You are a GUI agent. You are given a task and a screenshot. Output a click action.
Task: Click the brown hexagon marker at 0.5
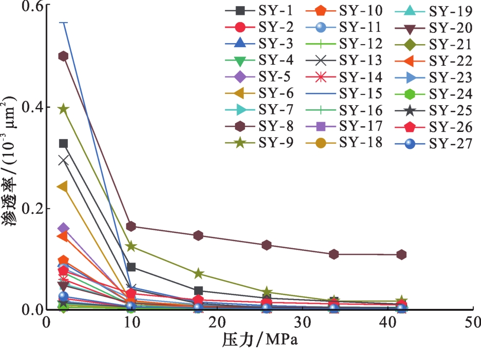pyautogui.click(x=64, y=56)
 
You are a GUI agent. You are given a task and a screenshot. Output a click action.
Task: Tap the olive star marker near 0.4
pyautogui.click(x=64, y=109)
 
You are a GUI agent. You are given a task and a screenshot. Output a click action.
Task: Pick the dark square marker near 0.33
pyautogui.click(x=64, y=144)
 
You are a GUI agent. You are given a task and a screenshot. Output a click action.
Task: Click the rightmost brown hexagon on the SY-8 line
pyautogui.click(x=401, y=254)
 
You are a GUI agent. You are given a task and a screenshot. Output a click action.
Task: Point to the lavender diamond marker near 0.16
pyautogui.click(x=64, y=228)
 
